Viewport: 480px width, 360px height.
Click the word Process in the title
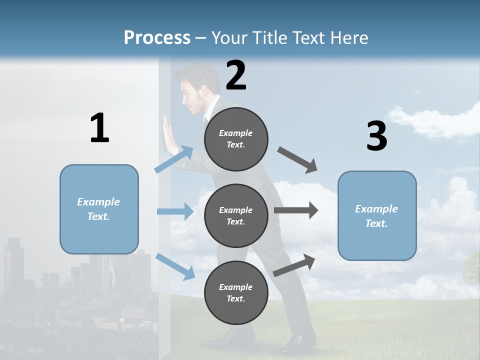click(x=157, y=38)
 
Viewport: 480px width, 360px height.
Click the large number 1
click(x=99, y=128)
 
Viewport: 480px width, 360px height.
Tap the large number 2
click(x=236, y=75)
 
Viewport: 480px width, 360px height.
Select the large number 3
click(x=376, y=136)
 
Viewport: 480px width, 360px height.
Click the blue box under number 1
click(x=99, y=209)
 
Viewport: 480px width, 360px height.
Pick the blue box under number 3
click(x=377, y=215)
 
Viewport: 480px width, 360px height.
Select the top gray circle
click(x=236, y=139)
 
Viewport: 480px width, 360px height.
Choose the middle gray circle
click(x=236, y=215)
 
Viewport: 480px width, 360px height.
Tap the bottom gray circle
click(x=236, y=292)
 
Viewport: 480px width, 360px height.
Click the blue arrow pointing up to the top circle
click(x=174, y=159)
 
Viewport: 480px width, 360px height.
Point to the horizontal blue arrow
click(x=175, y=211)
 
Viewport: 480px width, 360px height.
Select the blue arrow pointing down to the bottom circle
click(x=175, y=266)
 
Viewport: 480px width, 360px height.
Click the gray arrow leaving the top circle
click(x=297, y=160)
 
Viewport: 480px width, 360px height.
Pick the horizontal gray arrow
click(x=296, y=210)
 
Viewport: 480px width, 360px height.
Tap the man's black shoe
click(x=297, y=343)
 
